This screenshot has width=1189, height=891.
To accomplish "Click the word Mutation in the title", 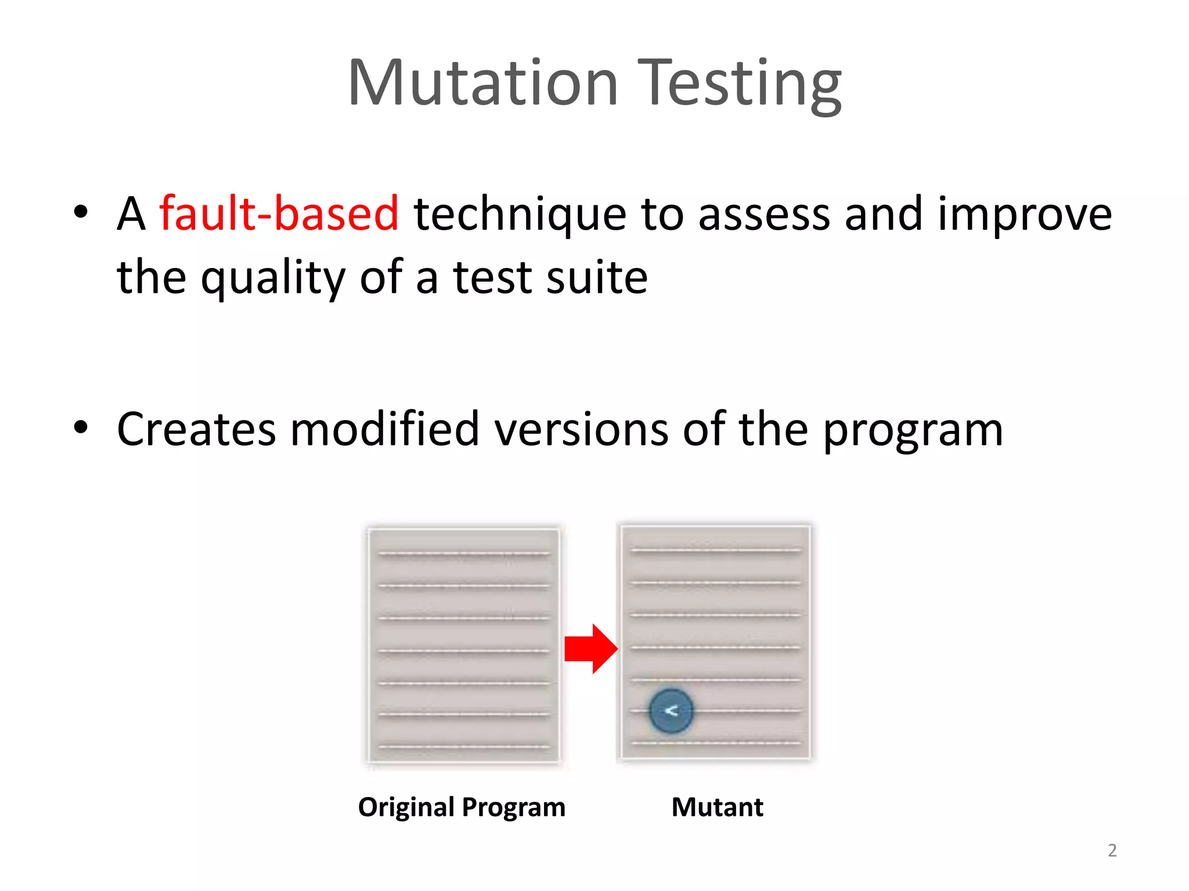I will [x=483, y=84].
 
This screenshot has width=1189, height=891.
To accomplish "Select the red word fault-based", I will [x=279, y=213].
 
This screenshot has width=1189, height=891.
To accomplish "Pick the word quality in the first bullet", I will [x=273, y=277].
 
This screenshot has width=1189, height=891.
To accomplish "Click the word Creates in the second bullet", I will [x=196, y=429].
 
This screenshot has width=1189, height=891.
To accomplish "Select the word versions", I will [x=581, y=429].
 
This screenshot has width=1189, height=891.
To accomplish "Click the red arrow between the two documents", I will [x=590, y=649].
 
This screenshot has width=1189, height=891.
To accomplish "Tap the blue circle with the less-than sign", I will [x=671, y=711].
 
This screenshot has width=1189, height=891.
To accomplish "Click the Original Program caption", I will [x=462, y=807].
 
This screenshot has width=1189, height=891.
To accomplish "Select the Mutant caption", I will [x=717, y=807].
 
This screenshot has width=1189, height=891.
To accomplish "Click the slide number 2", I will [x=1112, y=850].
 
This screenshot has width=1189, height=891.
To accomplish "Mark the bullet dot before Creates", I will [x=81, y=428].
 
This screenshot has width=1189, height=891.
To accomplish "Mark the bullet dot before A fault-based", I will [x=81, y=212].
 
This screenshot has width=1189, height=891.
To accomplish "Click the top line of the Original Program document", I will [x=463, y=555].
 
